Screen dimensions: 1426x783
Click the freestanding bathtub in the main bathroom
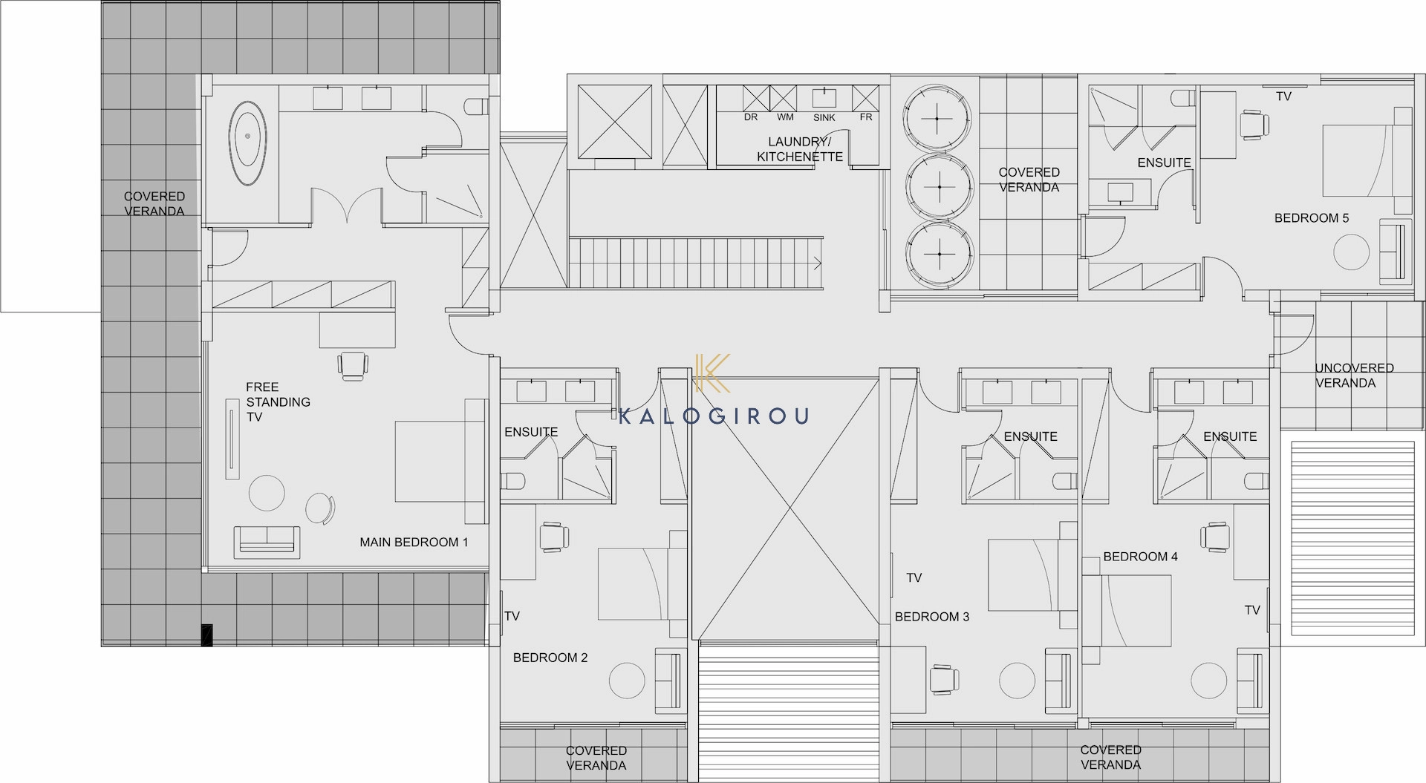click(x=248, y=144)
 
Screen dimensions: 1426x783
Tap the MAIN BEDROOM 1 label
click(x=414, y=543)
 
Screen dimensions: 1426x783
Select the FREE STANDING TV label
click(x=279, y=402)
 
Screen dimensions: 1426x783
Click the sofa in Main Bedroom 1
click(x=267, y=542)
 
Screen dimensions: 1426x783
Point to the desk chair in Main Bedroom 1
click(x=353, y=365)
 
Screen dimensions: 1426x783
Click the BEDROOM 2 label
click(x=550, y=658)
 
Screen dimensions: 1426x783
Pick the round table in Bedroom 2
click(x=628, y=679)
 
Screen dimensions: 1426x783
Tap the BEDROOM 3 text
click(x=932, y=617)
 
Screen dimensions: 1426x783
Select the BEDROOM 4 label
click(x=1140, y=557)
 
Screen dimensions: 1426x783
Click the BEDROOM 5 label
click(x=1312, y=218)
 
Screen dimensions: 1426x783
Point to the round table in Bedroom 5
click(x=1351, y=252)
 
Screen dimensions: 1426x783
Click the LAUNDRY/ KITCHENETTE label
click(x=799, y=149)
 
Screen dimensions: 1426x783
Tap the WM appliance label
click(x=785, y=117)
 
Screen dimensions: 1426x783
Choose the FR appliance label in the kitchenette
click(x=866, y=117)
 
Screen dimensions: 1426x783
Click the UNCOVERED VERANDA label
click(x=1354, y=376)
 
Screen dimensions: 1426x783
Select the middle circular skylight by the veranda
click(x=939, y=186)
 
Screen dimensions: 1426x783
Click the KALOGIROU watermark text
click(x=713, y=416)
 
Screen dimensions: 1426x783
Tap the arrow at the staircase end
click(x=817, y=263)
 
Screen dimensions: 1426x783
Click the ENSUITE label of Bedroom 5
click(x=1164, y=163)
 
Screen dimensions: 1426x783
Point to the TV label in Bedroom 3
click(x=914, y=577)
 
